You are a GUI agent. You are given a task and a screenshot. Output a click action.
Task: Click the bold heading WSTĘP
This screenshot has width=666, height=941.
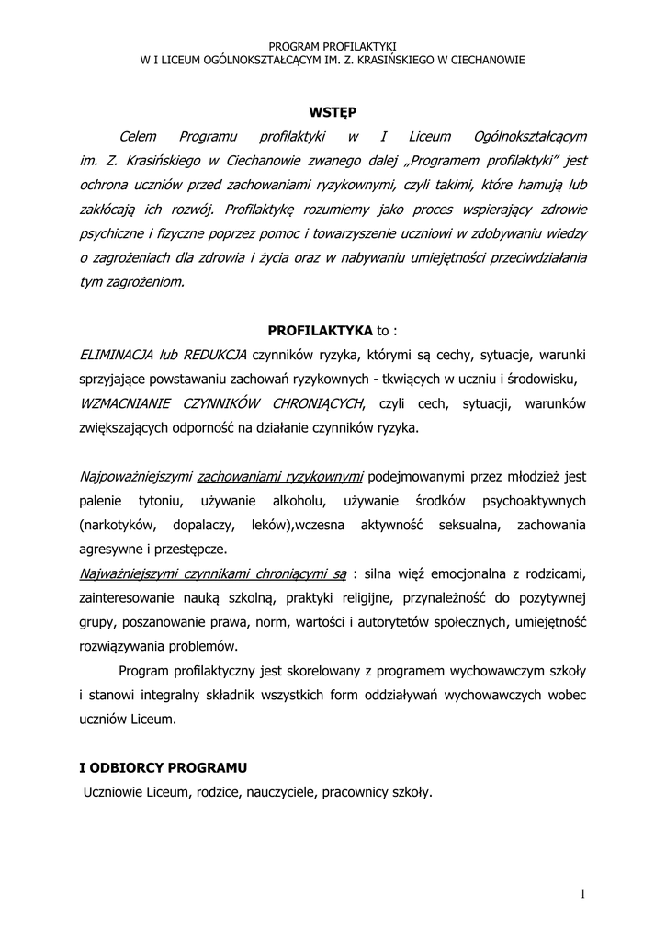332,112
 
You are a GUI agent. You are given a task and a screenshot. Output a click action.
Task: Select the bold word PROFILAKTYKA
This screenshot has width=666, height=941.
320,330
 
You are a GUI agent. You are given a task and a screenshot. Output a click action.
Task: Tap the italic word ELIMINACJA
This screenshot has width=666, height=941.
116,355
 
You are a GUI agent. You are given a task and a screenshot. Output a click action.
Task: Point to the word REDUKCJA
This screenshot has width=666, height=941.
216,355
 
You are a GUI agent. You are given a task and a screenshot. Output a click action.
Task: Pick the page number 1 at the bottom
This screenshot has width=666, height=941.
582,894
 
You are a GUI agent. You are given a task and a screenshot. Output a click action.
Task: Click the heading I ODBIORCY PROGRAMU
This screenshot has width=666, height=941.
164,767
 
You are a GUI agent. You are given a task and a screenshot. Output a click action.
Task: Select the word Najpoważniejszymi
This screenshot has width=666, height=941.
135,476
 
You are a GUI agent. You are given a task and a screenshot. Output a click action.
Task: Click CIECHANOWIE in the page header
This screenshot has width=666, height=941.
481,60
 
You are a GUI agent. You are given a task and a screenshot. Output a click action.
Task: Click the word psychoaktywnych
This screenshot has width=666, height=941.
536,501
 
